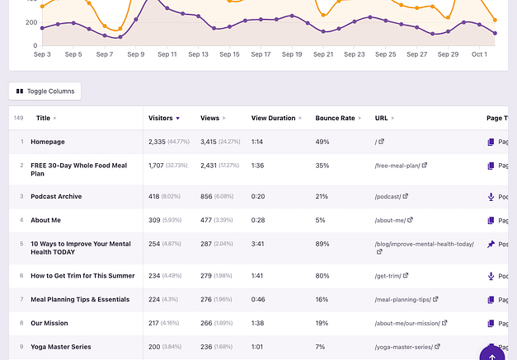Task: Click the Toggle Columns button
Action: click(x=45, y=91)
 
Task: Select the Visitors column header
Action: click(x=161, y=118)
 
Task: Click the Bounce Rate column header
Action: click(x=335, y=118)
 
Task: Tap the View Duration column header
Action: click(x=273, y=118)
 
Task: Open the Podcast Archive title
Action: click(x=56, y=197)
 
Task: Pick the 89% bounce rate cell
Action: click(x=322, y=244)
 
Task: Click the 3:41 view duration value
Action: click(x=259, y=244)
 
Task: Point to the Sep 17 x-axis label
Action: click(x=261, y=54)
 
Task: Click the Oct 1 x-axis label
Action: click(x=479, y=54)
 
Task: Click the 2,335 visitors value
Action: click(x=157, y=142)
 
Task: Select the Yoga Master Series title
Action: click(x=61, y=347)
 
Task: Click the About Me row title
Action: click(x=46, y=220)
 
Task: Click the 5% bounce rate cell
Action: click(x=320, y=220)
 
